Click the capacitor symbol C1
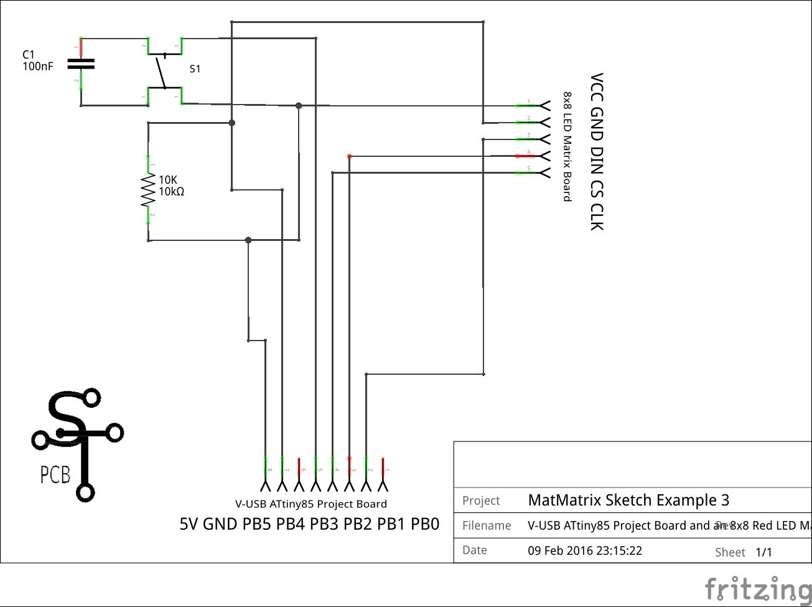tap(81, 63)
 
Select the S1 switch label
tap(195, 68)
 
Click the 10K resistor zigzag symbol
tap(148, 190)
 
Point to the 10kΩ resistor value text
tap(171, 192)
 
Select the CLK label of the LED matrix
tap(596, 217)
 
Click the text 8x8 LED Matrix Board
tap(567, 146)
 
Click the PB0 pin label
tap(425, 524)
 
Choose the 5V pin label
tap(189, 524)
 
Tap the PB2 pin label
tap(358, 524)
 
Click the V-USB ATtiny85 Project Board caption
tap(310, 504)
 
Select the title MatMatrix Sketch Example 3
tap(628, 500)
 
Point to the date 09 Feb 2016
tap(584, 551)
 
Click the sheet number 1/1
tap(763, 552)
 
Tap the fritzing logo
tap(757, 588)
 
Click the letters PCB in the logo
tap(55, 476)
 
